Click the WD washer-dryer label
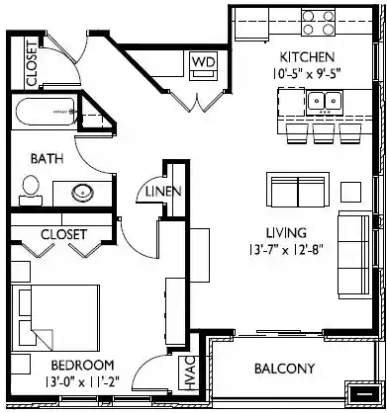(x=203, y=62)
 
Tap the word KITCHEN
(x=308, y=56)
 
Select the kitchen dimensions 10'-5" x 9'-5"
(x=308, y=71)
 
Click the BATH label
(x=46, y=158)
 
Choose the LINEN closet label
(x=162, y=192)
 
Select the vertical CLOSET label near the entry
(x=30, y=64)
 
